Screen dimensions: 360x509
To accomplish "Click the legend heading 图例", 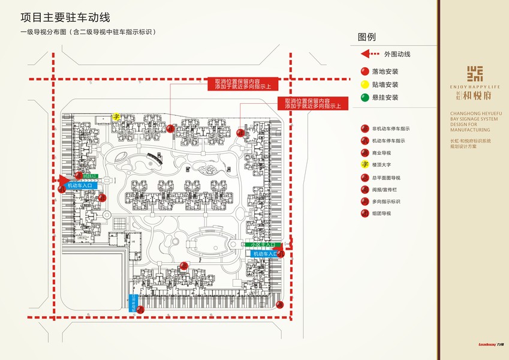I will pos(366,37).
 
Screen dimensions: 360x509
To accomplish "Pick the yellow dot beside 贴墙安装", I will pos(364,85).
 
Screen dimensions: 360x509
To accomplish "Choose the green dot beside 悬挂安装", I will pos(364,97).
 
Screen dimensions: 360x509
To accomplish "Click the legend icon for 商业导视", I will pos(364,153).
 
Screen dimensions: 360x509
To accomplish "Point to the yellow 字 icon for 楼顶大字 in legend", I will pos(364,164).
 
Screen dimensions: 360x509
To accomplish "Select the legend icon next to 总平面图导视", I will pos(364,178).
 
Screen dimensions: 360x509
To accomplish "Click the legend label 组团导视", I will pos(381,214).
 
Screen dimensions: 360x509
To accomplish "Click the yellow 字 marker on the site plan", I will pos(118,117).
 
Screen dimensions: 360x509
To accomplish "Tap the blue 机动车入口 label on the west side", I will pos(77,186).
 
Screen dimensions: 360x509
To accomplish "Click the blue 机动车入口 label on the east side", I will pos(266,254).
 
